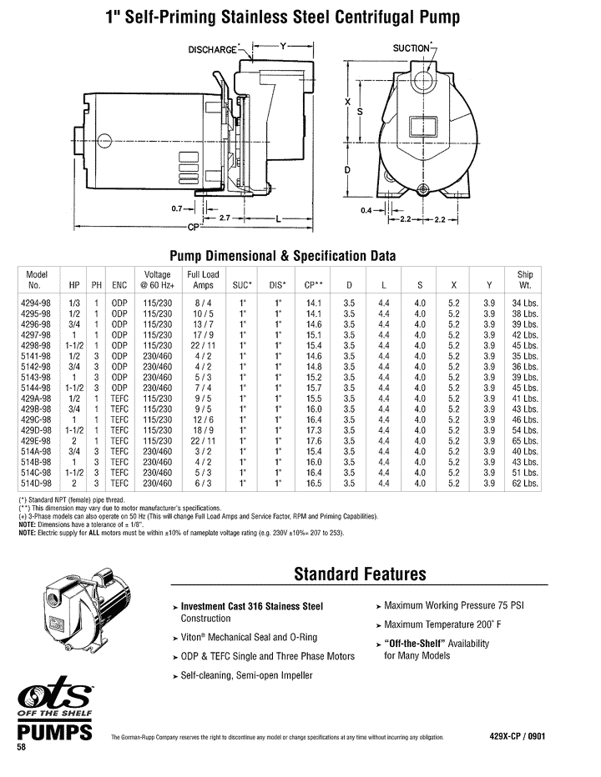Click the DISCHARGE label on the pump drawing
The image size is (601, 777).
213,49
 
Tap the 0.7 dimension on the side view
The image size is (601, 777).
175,208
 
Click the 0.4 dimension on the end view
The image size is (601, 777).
366,211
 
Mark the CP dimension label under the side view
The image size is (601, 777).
194,227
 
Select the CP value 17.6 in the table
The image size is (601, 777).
314,442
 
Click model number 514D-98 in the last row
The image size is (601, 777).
38,482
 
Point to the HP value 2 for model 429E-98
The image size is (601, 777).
75,442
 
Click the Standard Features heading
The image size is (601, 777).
360,574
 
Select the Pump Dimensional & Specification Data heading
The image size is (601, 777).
283,255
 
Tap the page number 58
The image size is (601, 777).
23,748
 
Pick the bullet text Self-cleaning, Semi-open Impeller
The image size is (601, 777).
246,675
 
